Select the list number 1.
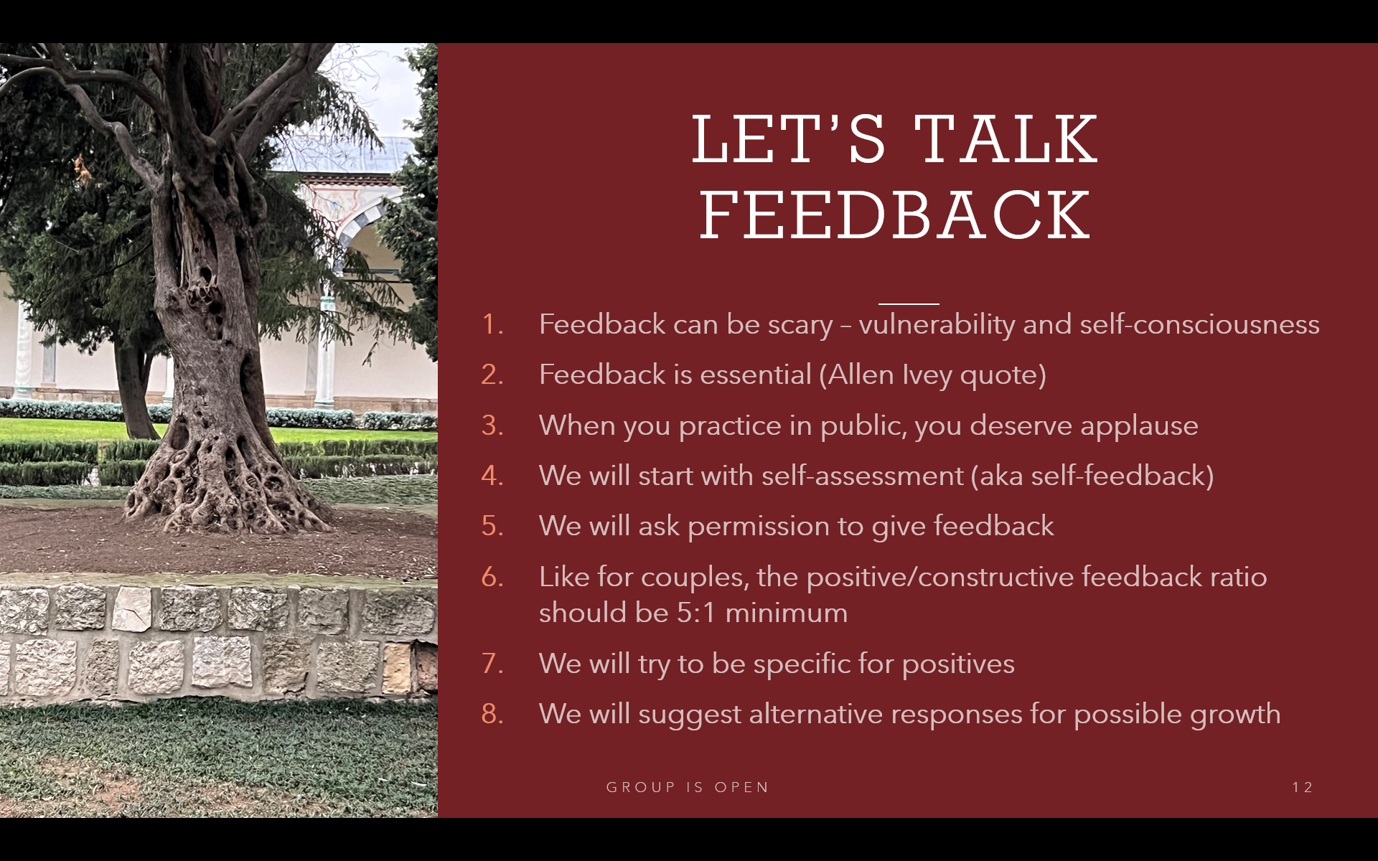click(x=492, y=324)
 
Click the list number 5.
click(x=492, y=526)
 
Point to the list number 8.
click(x=492, y=714)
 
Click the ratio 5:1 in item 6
click(x=695, y=613)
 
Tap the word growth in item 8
click(x=1235, y=715)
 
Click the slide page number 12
click(x=1302, y=787)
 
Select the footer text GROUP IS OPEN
click(x=688, y=787)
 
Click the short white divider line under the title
click(x=909, y=304)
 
